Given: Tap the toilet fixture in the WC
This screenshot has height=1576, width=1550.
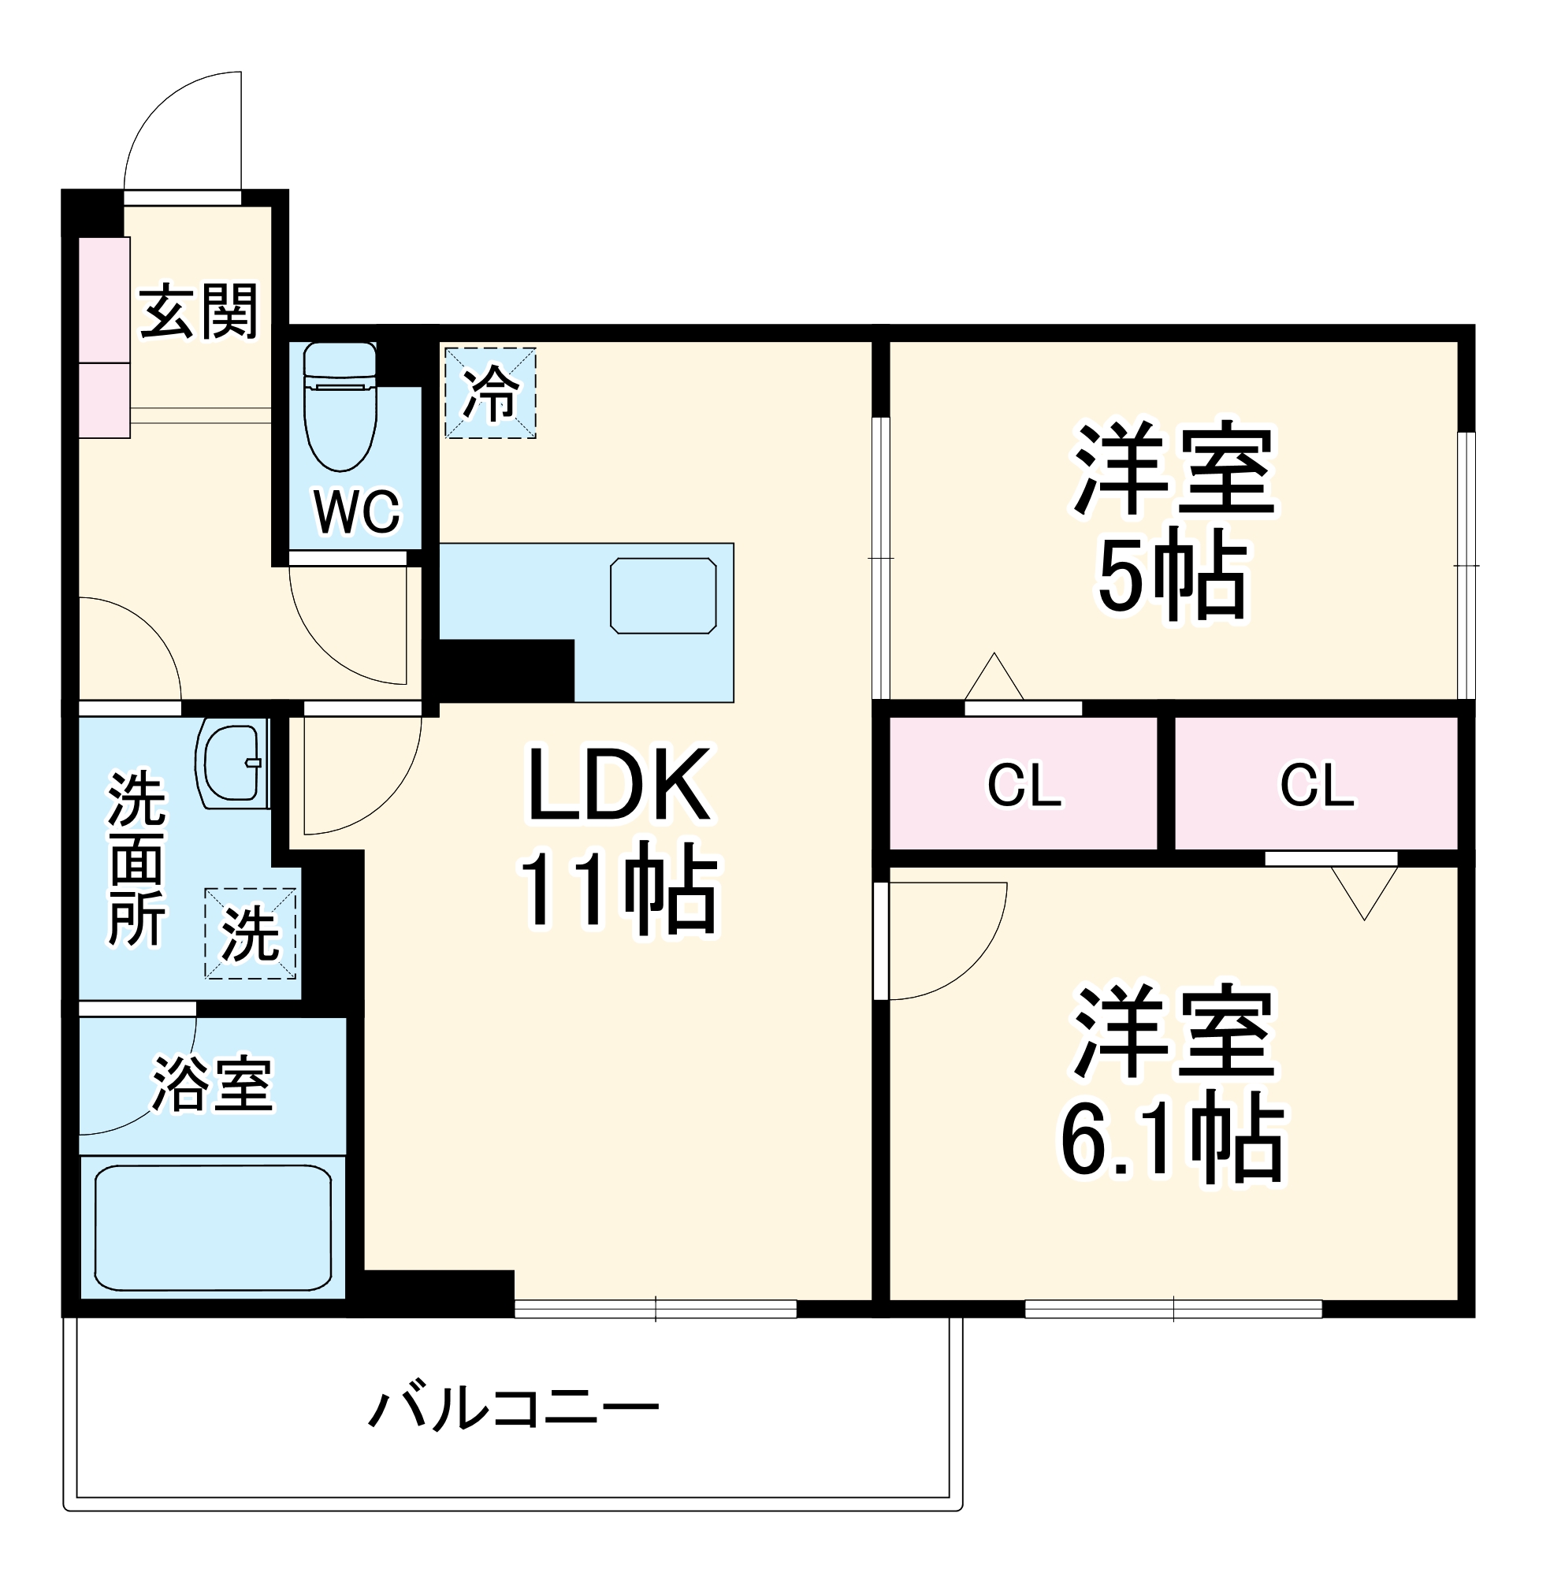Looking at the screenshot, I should tap(340, 407).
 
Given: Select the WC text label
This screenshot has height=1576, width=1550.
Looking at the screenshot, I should tap(356, 512).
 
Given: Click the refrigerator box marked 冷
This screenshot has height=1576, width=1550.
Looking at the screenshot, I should tap(490, 393).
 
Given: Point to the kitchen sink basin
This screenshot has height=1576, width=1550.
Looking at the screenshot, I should tap(663, 596).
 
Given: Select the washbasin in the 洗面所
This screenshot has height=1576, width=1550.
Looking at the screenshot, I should tap(232, 764).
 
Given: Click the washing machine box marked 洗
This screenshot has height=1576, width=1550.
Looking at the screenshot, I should tap(250, 933).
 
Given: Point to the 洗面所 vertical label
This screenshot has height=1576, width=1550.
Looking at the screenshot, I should tap(137, 858).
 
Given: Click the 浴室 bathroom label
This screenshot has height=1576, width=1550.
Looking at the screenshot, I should tap(214, 1083).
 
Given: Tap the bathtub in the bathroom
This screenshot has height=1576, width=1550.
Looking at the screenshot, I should tap(213, 1228).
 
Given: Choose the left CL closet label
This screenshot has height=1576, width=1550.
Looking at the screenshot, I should tap(1024, 785).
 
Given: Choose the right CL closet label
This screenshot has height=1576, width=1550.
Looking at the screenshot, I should tap(1318, 785).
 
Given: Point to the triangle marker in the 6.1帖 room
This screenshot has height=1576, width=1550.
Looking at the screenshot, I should tap(1364, 890).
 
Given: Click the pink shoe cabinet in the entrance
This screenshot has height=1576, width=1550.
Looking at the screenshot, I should tap(104, 337).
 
